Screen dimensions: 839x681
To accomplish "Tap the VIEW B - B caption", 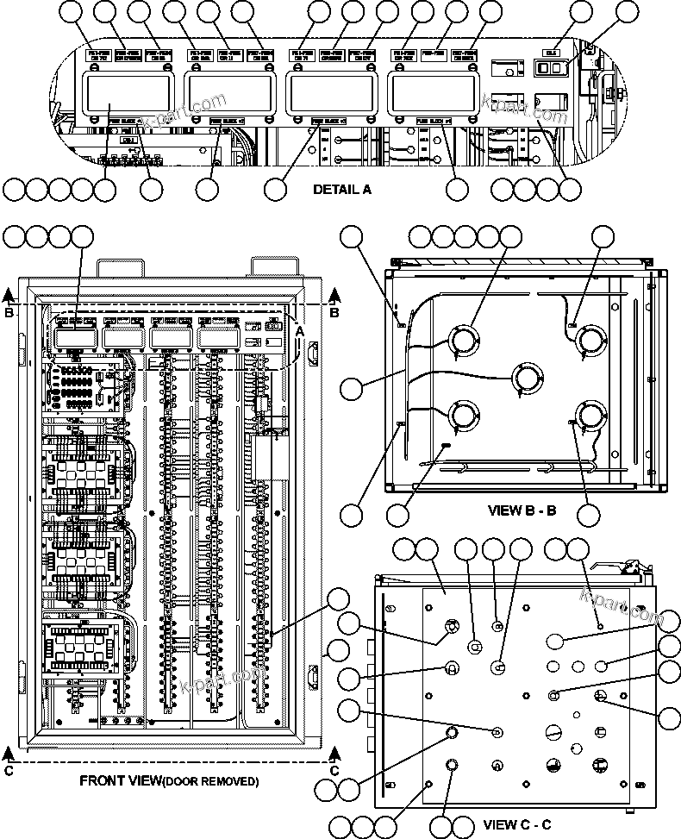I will coord(522,510).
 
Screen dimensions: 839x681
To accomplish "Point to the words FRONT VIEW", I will coord(120,781).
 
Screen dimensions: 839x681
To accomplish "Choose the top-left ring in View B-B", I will coord(464,339).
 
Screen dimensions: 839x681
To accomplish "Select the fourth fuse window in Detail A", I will coord(434,91).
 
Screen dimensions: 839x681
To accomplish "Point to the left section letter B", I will coord(9,313).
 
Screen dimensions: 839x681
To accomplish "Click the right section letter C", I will coord(334,770).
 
